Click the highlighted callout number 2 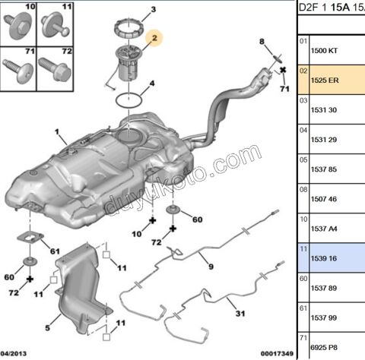(154, 38)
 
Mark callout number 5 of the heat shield (47, 327)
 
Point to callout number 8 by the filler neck (261, 41)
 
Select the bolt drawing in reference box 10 (17, 28)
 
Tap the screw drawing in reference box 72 (56, 74)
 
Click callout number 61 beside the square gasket (55, 251)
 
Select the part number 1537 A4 (325, 229)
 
